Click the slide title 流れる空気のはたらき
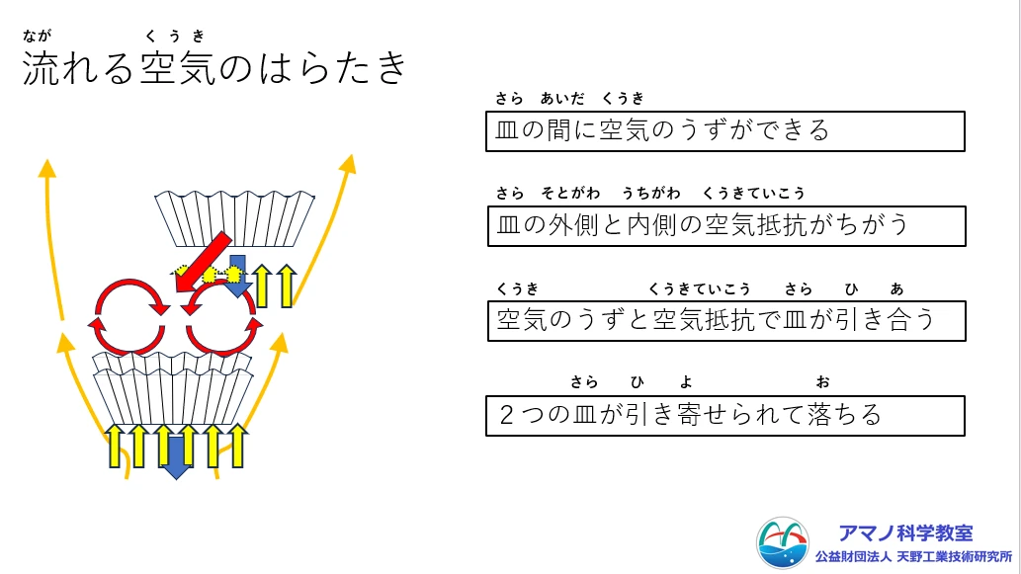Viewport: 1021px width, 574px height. tap(214, 68)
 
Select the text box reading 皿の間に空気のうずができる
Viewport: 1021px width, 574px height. tap(724, 131)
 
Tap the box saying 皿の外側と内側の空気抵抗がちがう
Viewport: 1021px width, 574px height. tap(726, 226)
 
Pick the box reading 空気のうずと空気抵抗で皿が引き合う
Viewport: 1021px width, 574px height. tap(726, 321)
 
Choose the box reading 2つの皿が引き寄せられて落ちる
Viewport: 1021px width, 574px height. tap(724, 416)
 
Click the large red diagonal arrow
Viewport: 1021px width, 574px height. tap(203, 262)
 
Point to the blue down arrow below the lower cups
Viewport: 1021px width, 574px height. tap(176, 457)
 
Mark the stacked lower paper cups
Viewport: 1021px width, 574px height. tap(172, 388)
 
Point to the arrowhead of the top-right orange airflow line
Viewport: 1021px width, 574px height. tap(349, 163)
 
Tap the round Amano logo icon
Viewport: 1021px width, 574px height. tap(783, 542)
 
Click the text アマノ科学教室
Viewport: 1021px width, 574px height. tap(905, 533)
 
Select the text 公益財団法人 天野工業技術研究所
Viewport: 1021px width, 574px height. tap(913, 557)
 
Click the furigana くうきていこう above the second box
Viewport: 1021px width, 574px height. tap(754, 194)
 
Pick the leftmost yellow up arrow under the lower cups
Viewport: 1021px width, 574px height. tap(115, 446)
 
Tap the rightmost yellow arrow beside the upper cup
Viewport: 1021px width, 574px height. tap(287, 286)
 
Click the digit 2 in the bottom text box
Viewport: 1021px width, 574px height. tap(506, 415)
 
